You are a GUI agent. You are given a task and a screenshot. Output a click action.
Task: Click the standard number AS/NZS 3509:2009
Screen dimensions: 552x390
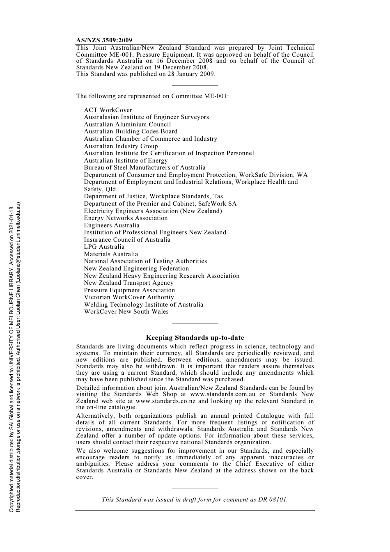click(104, 40)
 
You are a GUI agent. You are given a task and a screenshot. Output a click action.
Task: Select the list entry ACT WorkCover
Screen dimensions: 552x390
click(108, 110)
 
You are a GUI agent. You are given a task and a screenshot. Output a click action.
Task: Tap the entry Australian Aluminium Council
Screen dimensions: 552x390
click(127, 124)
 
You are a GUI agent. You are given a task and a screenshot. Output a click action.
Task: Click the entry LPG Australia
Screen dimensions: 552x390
click(104, 247)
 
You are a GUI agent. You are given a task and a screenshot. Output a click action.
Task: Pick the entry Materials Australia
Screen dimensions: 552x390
click(111, 254)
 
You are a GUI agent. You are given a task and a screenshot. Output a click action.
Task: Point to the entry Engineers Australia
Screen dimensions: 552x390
click(112, 225)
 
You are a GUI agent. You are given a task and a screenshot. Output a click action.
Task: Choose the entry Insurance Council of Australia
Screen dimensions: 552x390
click(127, 240)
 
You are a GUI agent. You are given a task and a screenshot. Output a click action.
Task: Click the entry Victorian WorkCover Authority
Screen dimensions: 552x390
click(129, 297)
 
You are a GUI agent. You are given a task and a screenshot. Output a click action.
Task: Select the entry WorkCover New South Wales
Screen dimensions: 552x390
click(126, 312)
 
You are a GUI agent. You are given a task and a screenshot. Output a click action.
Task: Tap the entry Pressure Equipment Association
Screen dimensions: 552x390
click(129, 290)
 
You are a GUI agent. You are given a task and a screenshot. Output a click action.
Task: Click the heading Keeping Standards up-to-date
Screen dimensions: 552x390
click(195, 338)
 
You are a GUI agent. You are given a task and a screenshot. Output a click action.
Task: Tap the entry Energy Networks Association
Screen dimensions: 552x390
click(126, 218)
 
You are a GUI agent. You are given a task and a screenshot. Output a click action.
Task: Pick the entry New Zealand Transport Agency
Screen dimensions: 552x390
click(128, 283)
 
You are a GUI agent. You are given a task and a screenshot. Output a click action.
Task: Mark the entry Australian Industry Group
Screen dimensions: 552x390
click(121, 146)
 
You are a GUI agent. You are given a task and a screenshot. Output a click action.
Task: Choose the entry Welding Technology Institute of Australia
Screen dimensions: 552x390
click(143, 305)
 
